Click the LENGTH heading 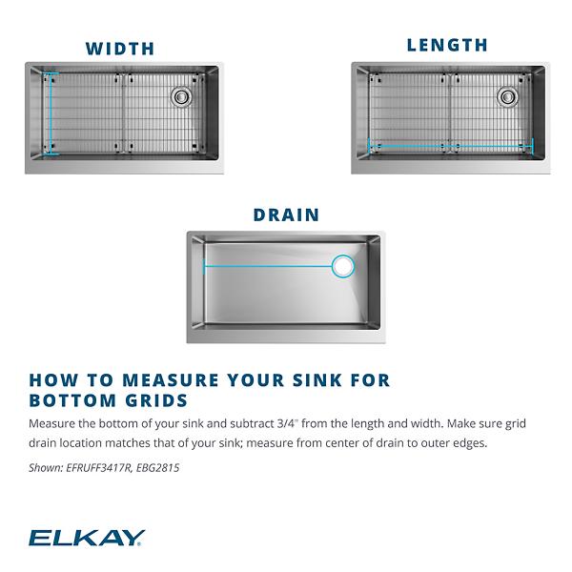[447, 45]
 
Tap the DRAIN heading [286, 214]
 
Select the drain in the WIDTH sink [181, 95]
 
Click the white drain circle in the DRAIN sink [342, 267]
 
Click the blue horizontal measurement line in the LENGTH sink [449, 146]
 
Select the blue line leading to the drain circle [267, 267]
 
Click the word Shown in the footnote [46, 467]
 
